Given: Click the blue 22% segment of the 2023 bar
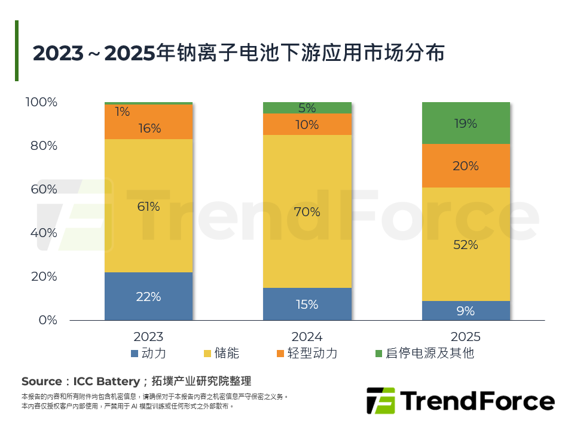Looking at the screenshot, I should [x=148, y=296].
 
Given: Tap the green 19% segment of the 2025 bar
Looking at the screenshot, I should [x=466, y=123].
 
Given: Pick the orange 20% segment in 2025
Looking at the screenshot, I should [x=466, y=166].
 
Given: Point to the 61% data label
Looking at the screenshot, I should [x=148, y=207].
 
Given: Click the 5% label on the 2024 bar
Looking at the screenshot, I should [x=307, y=108].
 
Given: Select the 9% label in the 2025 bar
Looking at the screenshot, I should [x=466, y=311].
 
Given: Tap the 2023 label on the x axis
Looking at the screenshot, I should [x=148, y=336].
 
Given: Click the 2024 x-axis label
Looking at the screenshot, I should [x=307, y=336].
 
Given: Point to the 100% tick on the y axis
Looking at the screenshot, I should [x=41, y=102].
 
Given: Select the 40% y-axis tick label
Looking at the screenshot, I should [x=44, y=233].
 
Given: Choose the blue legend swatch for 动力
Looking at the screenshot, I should [x=135, y=354].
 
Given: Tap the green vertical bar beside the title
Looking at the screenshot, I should [x=17, y=51].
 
